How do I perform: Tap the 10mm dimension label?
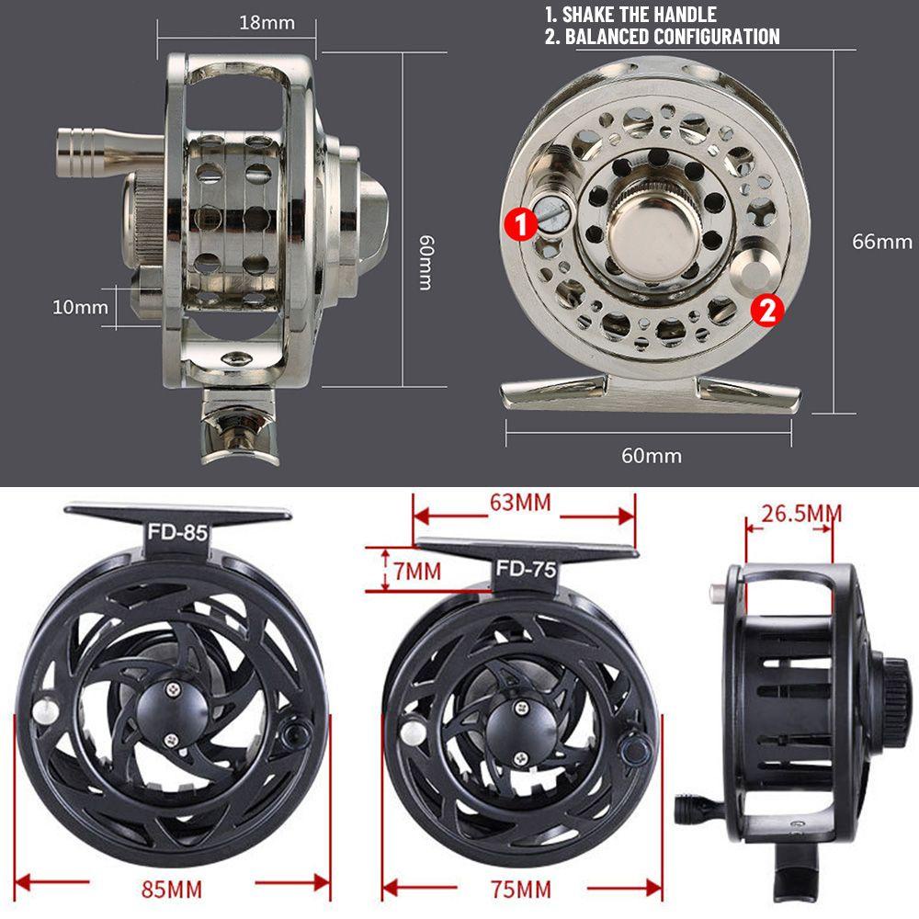[x=81, y=307]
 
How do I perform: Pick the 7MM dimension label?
[x=416, y=571]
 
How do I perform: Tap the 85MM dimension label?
[x=173, y=890]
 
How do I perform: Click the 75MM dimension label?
[x=521, y=890]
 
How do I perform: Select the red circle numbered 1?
[x=521, y=222]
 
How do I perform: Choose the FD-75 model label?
[x=527, y=568]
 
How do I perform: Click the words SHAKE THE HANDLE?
[x=641, y=15]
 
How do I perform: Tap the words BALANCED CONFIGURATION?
[x=672, y=37]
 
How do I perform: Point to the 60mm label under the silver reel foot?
[x=651, y=454]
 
